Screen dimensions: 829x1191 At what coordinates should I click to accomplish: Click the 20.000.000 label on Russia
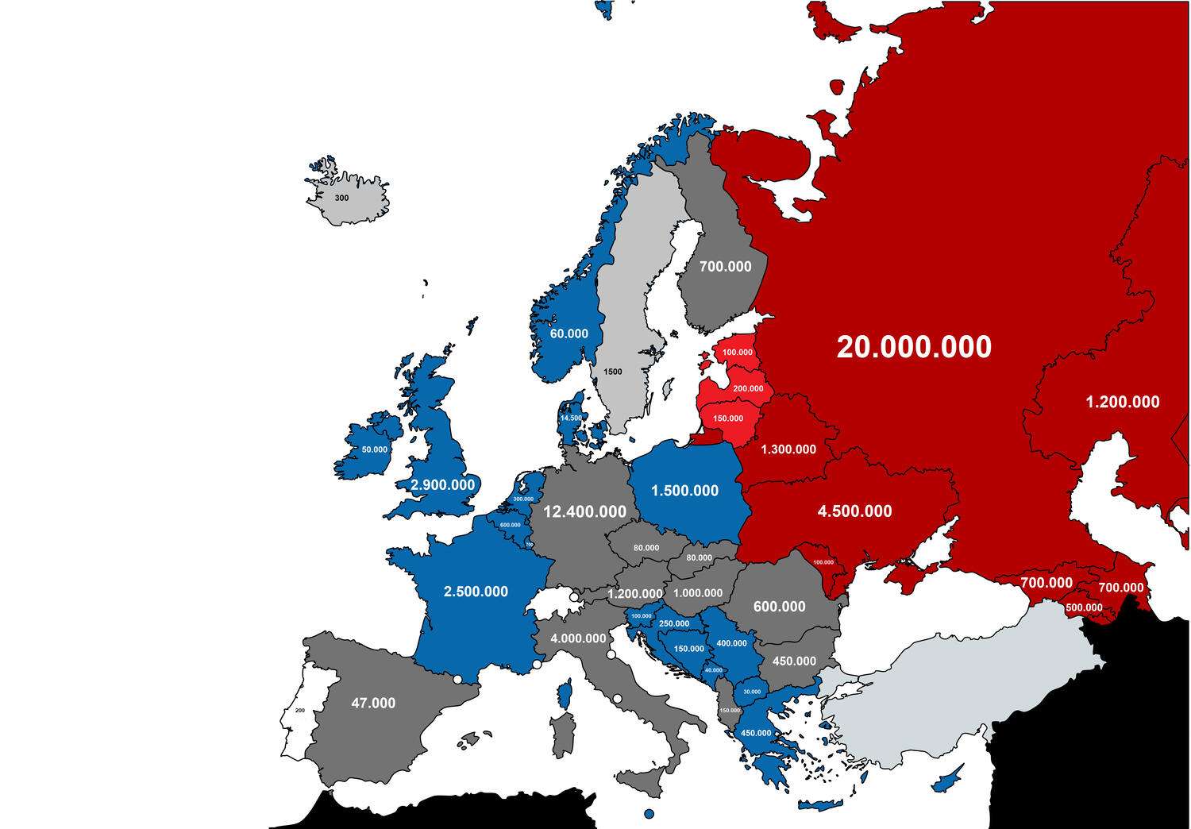click(914, 347)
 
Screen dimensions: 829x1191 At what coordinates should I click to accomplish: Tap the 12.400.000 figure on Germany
click(584, 512)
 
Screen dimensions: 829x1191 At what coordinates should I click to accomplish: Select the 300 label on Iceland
click(341, 198)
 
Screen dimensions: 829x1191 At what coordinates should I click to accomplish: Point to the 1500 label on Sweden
click(613, 372)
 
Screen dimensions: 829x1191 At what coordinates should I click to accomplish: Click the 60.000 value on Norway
click(569, 334)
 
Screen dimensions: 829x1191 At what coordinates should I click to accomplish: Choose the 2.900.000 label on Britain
click(442, 484)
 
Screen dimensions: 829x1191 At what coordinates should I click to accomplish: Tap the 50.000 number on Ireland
click(375, 449)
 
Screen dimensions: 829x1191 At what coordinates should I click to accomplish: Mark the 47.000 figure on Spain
click(373, 703)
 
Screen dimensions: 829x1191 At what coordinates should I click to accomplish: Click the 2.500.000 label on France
click(476, 592)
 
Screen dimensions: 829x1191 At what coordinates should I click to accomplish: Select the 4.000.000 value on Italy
click(578, 638)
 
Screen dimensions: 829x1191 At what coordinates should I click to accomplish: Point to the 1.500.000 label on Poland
click(684, 491)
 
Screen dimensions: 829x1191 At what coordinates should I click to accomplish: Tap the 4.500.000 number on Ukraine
click(854, 511)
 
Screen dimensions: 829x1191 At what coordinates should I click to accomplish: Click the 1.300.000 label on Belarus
click(788, 449)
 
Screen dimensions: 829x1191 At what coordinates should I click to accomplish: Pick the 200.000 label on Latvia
click(748, 388)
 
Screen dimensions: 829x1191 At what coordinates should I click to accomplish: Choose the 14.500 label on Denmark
click(571, 418)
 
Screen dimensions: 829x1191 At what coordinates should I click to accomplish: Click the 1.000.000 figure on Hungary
click(698, 593)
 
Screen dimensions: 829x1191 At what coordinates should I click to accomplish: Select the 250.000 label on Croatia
click(674, 624)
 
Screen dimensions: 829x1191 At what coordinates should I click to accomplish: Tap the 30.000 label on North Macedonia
click(752, 692)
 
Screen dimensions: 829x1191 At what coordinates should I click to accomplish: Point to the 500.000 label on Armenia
click(1084, 607)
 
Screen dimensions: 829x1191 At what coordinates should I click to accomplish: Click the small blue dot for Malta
click(649, 814)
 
